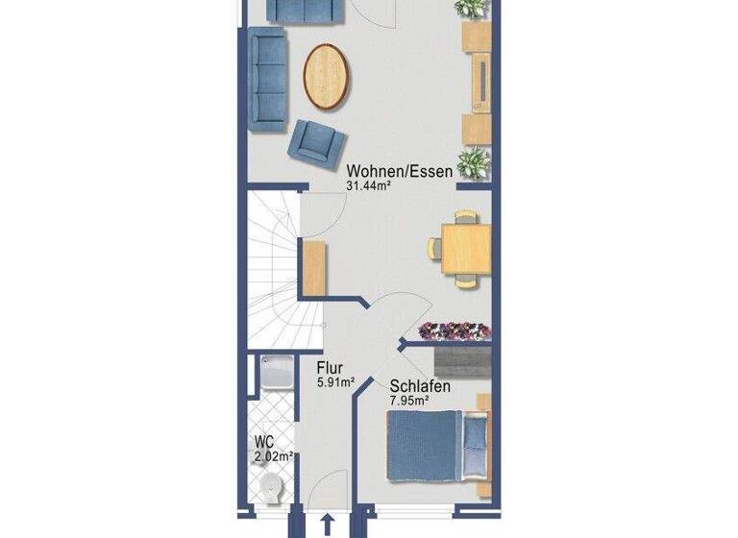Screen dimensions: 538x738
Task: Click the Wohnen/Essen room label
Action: (x=400, y=171)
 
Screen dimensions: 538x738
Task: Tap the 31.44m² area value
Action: (x=375, y=186)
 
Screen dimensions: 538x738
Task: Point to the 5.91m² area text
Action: (x=336, y=381)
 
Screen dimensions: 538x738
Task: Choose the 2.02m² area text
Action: (x=274, y=456)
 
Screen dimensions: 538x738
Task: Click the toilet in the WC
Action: (x=275, y=489)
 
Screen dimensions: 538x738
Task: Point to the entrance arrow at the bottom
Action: (x=329, y=524)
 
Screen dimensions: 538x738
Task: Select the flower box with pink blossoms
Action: (x=455, y=330)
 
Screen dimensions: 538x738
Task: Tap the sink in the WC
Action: (x=278, y=373)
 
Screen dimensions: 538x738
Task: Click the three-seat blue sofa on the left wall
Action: (x=267, y=80)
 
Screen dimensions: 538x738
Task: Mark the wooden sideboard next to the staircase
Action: (x=313, y=268)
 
